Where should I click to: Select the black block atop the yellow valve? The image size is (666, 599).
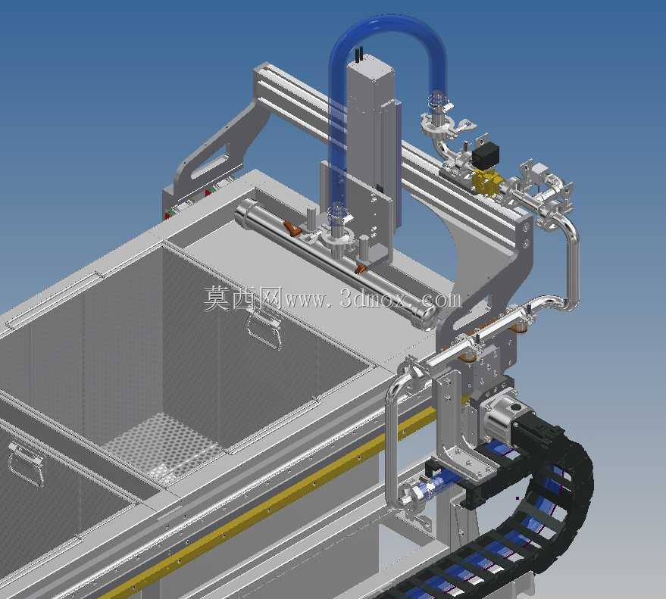485,154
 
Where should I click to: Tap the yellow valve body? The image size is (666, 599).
486,183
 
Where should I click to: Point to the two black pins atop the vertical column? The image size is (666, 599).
359,55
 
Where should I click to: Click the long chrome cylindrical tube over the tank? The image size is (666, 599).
336,264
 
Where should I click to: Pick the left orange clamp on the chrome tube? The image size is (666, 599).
292,229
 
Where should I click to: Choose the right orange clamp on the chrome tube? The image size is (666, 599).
362,268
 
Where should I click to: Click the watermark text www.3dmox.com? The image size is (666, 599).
373,300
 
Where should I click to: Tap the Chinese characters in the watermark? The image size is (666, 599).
242,298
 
